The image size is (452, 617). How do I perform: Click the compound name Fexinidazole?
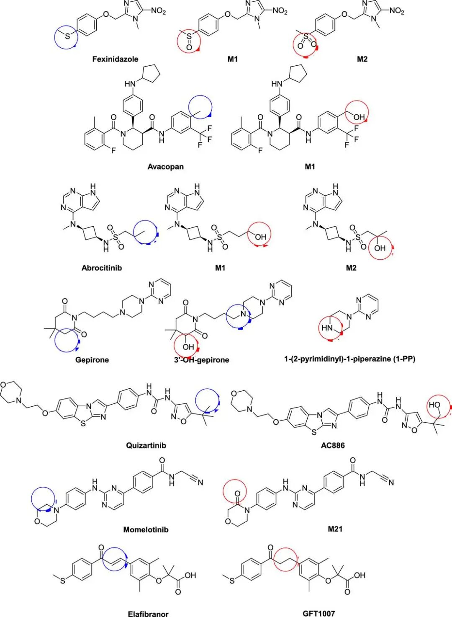[x=115, y=59]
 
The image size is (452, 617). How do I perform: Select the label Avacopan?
[x=165, y=167]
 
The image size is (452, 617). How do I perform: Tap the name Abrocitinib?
[x=102, y=268]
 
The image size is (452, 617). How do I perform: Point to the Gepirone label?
[x=92, y=360]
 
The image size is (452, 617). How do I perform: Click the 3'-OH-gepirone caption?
[x=202, y=360]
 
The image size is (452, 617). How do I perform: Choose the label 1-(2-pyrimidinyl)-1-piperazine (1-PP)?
[x=349, y=359]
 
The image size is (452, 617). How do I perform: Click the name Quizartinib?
[x=146, y=445]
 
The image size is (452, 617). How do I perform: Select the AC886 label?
[x=333, y=445]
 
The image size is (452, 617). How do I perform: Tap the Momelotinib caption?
[x=146, y=530]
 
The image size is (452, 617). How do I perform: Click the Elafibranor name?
[x=148, y=614]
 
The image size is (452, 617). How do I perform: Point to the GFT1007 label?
[x=319, y=613]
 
